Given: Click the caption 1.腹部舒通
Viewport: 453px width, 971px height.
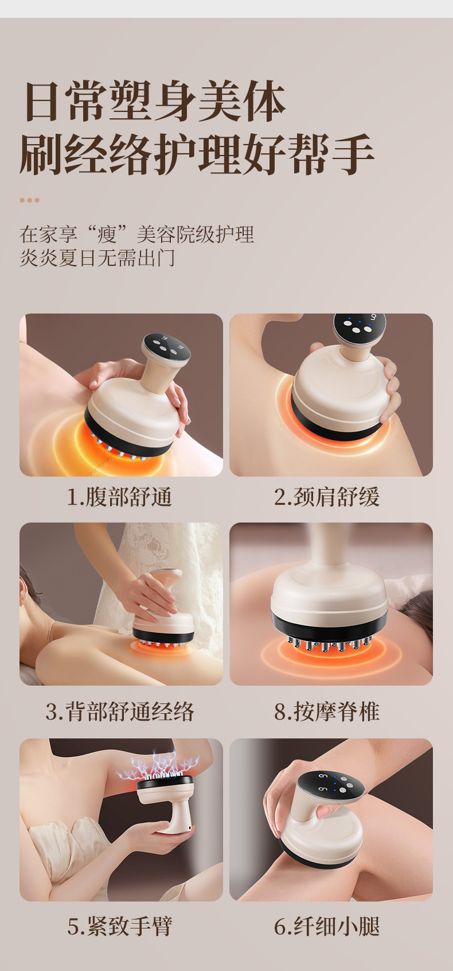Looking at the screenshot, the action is pos(119,497).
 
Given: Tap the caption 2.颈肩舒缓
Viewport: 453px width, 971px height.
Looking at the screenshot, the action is pos(327,497).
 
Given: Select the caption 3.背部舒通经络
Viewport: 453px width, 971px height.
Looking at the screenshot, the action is pos(120,711).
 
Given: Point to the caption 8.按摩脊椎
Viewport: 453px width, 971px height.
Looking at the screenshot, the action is pos(327,711).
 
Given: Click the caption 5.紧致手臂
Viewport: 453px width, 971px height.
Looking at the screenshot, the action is pos(120,926).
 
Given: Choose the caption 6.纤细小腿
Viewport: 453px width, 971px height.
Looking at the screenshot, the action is pos(327,926).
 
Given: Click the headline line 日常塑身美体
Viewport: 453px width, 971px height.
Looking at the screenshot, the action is pos(155,101).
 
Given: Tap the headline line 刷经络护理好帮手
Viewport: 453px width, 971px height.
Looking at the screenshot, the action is pos(197,154).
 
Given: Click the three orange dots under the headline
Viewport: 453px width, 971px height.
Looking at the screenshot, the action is pos(29,200).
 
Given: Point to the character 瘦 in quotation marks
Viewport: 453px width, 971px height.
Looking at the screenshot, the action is pos(107,234).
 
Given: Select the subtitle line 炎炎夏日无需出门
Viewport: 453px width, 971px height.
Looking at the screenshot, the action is pos(97,258).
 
